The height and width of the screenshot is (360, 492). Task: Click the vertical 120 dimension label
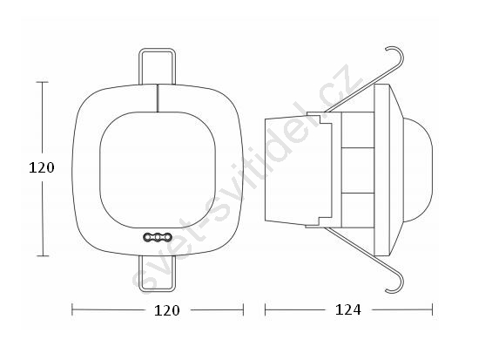(x=42, y=167)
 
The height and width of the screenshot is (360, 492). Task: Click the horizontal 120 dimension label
(x=167, y=310)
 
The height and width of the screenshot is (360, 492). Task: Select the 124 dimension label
(x=348, y=309)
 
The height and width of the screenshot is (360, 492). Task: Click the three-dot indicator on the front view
(x=158, y=237)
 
